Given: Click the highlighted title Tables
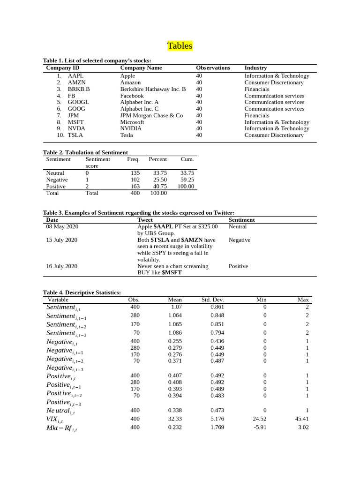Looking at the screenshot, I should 180,46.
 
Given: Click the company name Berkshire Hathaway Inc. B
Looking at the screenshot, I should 153,89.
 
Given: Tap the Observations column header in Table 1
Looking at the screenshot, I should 213,68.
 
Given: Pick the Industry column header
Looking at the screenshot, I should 255,68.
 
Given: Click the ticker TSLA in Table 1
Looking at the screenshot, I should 75,135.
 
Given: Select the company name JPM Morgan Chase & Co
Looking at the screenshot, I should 151,115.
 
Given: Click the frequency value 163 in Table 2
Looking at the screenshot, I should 135,186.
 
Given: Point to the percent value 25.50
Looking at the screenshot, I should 160,180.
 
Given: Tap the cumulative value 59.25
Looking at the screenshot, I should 187,180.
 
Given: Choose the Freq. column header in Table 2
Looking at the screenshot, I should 133,159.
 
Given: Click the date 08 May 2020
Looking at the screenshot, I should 62,226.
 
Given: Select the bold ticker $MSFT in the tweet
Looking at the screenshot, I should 172,272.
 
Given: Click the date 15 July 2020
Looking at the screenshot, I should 61,240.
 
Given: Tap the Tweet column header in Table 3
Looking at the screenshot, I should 145,220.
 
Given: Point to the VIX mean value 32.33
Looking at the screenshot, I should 175,419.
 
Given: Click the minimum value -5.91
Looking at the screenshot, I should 260,427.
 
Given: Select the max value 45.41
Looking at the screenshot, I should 302,419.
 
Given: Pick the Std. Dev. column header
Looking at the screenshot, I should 212,300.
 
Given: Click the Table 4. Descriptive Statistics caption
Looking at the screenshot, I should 82,292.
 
